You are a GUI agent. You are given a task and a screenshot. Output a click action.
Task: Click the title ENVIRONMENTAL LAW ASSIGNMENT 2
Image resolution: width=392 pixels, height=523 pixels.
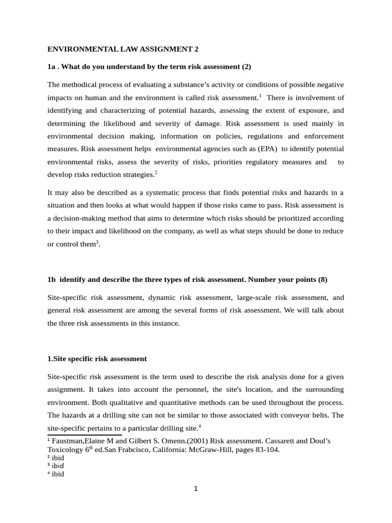(122, 50)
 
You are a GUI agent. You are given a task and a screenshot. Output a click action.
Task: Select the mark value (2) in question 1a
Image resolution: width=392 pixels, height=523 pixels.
(246, 67)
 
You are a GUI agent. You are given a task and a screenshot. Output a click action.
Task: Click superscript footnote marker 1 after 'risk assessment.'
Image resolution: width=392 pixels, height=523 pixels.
(260, 96)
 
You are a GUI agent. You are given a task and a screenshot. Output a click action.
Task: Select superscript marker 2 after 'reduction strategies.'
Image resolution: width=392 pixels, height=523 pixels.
(156, 173)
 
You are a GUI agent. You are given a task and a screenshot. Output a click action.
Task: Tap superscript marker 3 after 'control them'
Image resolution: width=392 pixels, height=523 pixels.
(97, 242)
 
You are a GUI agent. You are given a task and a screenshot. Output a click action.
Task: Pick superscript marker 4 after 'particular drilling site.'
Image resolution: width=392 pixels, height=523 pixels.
(200, 425)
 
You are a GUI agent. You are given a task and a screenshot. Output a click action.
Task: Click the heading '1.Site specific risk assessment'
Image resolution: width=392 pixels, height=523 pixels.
(97, 359)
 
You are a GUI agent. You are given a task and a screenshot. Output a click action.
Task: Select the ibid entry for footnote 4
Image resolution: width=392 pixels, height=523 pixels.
(58, 474)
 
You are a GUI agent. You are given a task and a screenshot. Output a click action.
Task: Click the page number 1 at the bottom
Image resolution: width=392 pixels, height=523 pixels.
(195, 489)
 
